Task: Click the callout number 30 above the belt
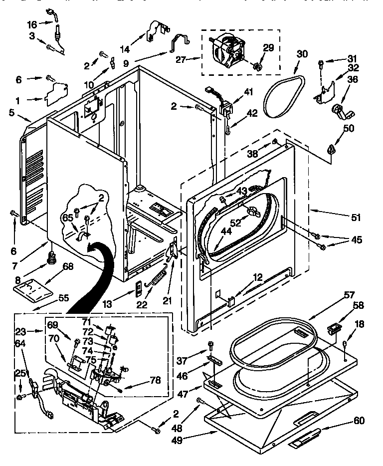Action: pos(302,54)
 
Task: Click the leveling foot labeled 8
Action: pos(51,258)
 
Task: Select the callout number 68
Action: pos(68,266)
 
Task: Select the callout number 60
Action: pos(359,421)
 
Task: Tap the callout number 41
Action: pos(248,91)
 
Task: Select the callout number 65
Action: pos(67,218)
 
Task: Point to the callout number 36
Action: pos(352,78)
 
